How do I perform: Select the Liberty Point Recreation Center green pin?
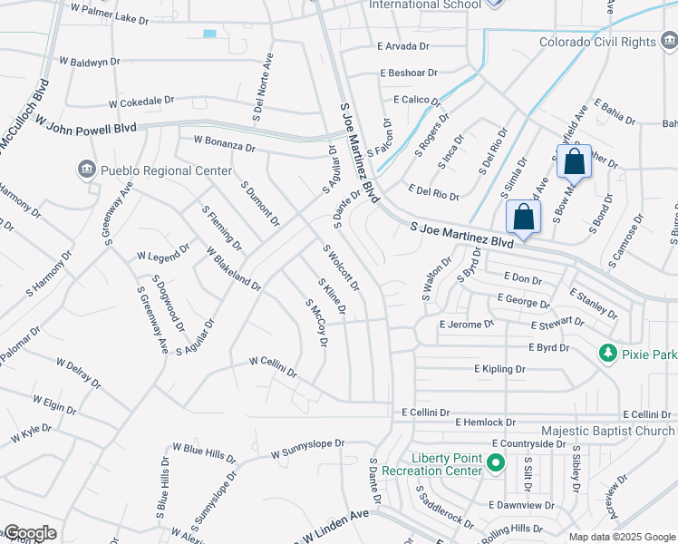pos(496,464)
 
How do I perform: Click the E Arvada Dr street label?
pos(402,45)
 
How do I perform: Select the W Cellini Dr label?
pos(273,366)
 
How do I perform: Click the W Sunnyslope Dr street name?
pos(308,449)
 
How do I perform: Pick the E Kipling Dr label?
pos(499,369)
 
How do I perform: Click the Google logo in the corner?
pos(29,533)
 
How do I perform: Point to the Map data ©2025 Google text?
pos(622,537)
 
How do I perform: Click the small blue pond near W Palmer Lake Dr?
pos(210,34)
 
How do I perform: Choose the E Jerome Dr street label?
pos(466,323)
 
